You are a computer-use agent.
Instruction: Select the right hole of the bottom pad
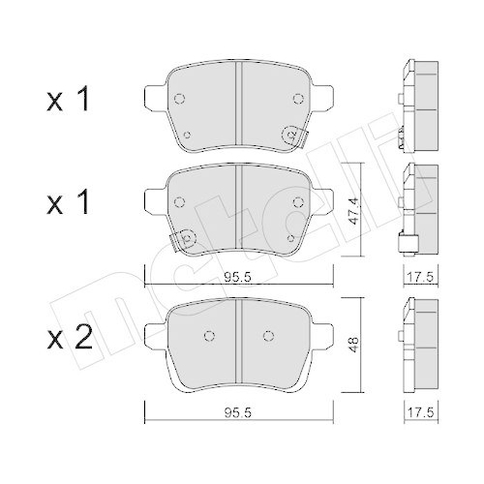[266, 336]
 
